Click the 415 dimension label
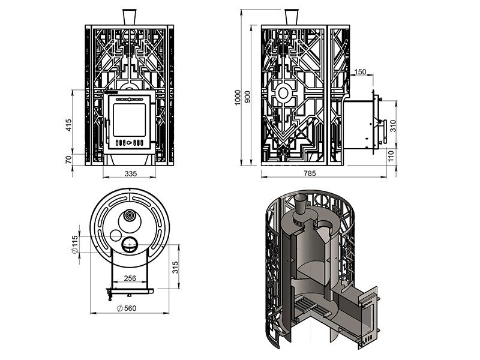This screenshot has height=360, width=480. coord(68,125)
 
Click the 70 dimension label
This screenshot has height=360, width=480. coord(68,160)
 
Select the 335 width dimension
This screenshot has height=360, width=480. coord(131,174)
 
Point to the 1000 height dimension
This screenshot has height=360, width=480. coord(238,97)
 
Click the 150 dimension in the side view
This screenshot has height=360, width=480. coord(361,72)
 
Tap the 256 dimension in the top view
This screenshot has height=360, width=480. coord(130,278)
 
